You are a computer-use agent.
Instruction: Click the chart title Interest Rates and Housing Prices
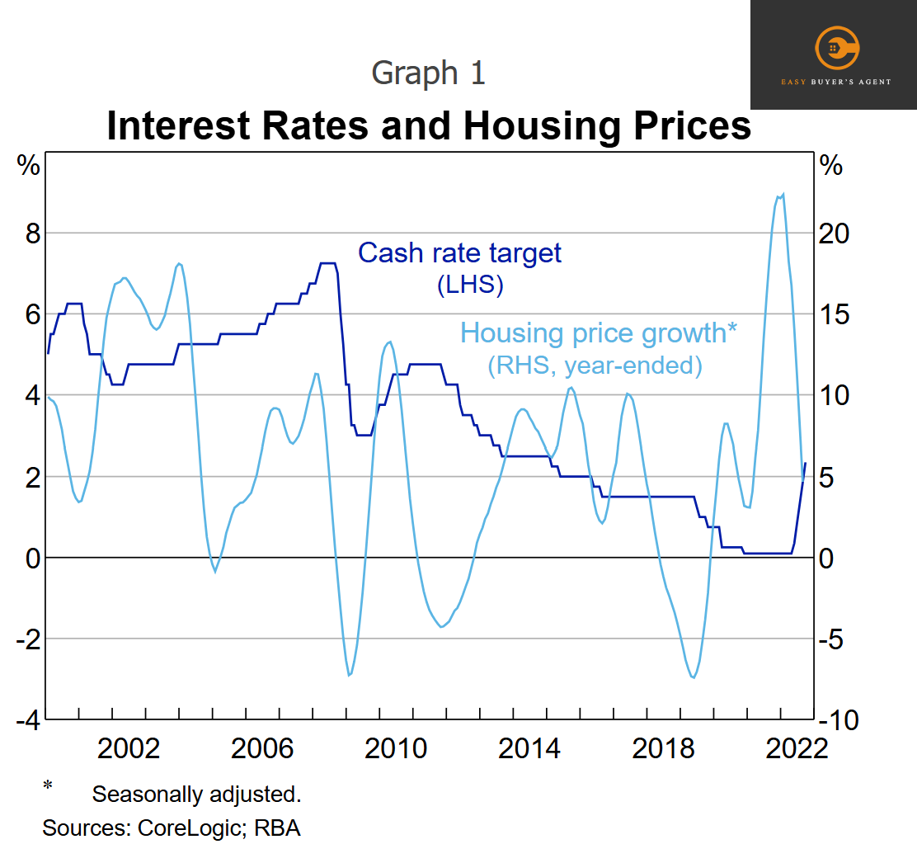click(x=429, y=125)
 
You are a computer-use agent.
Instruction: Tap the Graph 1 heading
click(x=429, y=73)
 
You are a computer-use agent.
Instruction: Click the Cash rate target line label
click(x=459, y=253)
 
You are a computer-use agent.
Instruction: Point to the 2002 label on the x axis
click(x=128, y=748)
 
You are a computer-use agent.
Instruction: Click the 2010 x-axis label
click(x=396, y=748)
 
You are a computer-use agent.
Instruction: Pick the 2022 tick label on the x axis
click(x=797, y=748)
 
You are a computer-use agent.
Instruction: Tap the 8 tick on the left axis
click(x=33, y=233)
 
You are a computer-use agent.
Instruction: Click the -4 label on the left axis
click(x=29, y=720)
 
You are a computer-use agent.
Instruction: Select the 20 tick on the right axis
click(x=834, y=233)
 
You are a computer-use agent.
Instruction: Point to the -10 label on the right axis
click(x=839, y=720)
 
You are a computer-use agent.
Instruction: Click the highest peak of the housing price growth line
click(x=783, y=194)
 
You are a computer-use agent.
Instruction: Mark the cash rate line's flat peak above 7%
click(x=327, y=263)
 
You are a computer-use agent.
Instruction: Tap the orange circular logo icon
click(x=837, y=47)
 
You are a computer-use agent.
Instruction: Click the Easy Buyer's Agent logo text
click(x=836, y=82)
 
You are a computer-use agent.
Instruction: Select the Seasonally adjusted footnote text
click(x=196, y=794)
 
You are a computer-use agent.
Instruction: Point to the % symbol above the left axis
click(x=28, y=166)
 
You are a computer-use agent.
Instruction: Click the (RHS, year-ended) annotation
click(x=595, y=365)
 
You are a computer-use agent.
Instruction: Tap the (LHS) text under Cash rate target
click(x=470, y=285)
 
